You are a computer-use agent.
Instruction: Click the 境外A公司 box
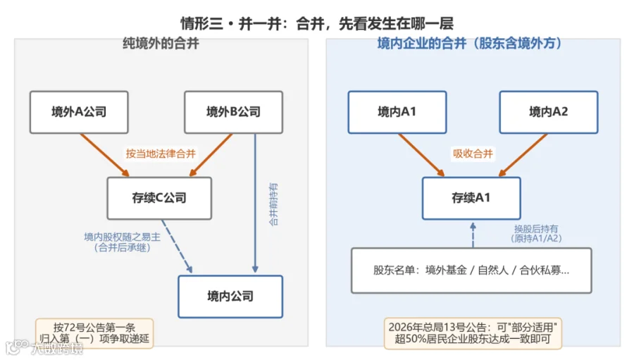point(79,112)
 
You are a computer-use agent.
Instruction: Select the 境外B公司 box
point(233,112)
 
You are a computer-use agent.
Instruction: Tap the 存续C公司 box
point(159,198)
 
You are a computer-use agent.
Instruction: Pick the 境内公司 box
point(230,297)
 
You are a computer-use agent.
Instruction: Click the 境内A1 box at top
point(397,112)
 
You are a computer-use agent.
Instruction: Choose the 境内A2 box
point(549,112)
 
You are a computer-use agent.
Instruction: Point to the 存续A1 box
point(471,198)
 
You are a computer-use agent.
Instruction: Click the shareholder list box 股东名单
point(471,271)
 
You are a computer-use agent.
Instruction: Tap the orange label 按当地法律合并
point(161,154)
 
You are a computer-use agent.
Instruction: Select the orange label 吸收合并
point(473,154)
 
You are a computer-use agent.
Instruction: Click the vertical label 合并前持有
point(274,204)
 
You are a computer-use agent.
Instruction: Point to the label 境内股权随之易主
point(122,237)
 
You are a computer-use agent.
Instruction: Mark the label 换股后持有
point(536,229)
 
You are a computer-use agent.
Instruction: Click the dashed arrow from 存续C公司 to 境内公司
point(177,246)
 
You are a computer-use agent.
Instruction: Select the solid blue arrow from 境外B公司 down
point(255,203)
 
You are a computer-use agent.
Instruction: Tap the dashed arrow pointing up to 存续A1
point(473,235)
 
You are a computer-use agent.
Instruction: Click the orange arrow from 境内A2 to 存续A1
point(523,155)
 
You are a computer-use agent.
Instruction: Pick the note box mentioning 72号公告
point(94,333)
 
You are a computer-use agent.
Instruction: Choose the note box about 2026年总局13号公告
point(473,333)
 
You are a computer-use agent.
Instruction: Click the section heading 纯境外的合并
point(161,43)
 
